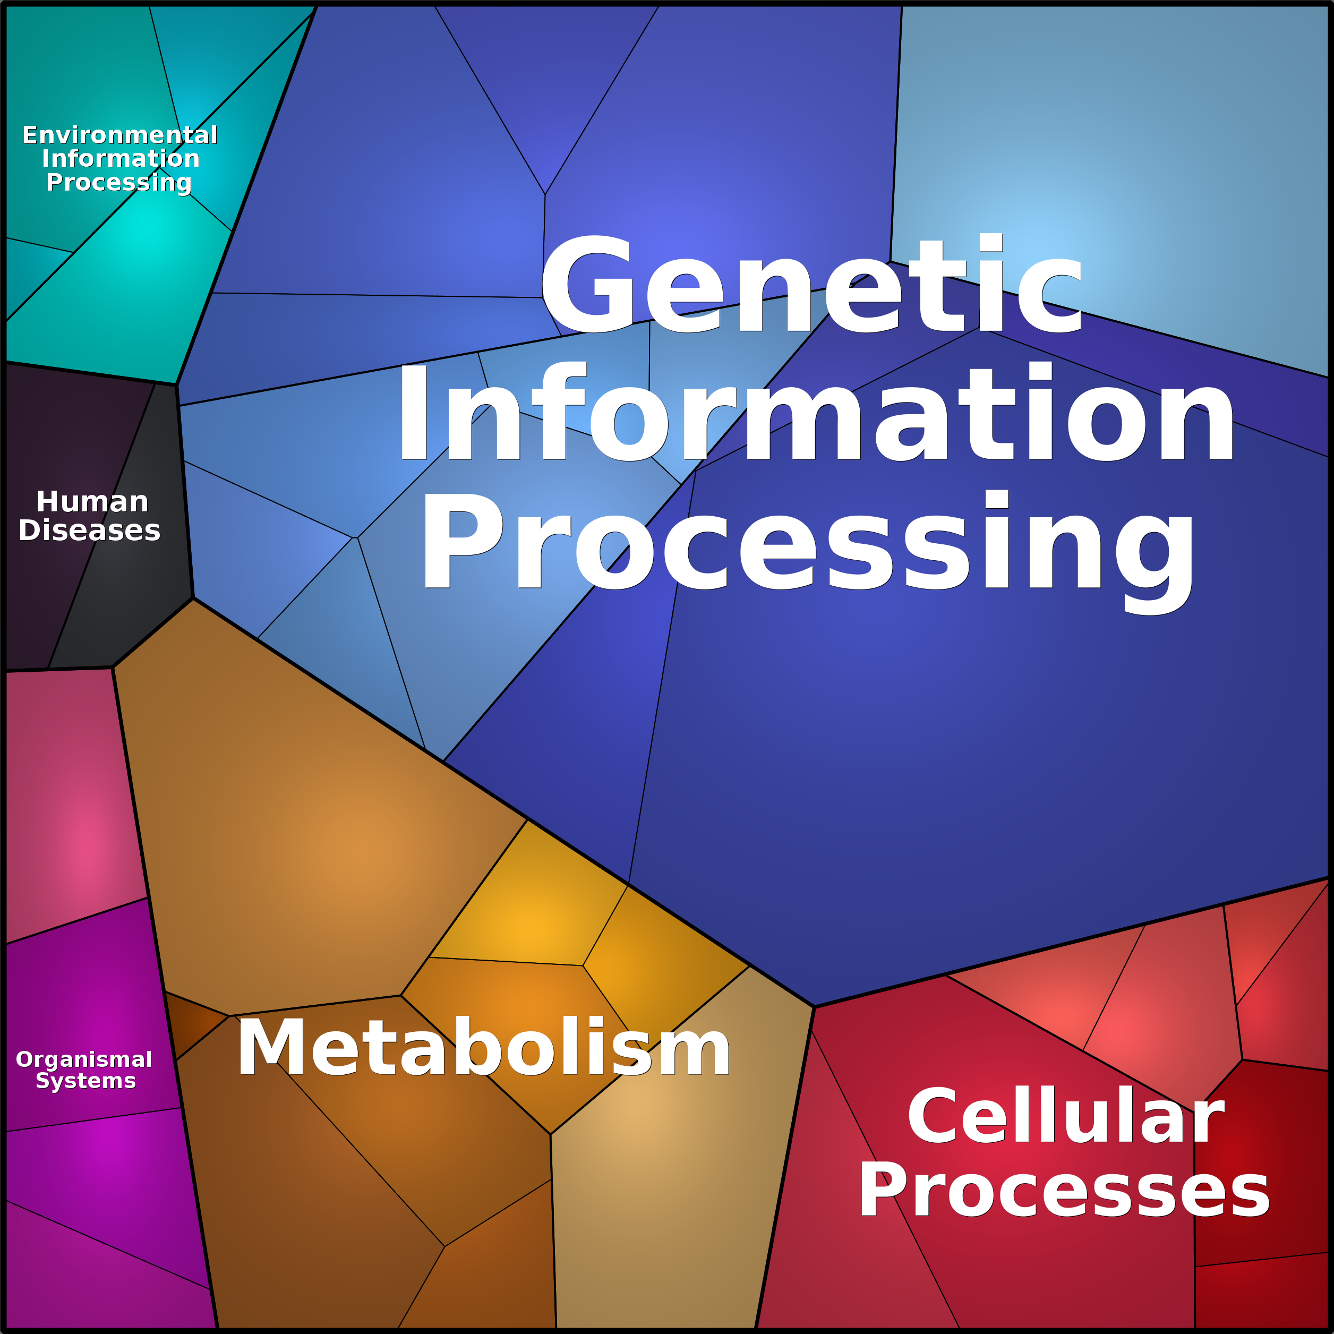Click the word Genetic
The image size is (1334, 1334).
point(812,284)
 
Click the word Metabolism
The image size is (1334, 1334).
point(483,1047)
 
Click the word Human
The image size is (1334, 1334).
point(92,501)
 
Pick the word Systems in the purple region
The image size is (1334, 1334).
point(85,1081)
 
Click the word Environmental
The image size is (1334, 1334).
point(119,135)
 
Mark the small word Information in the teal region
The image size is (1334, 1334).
point(121,158)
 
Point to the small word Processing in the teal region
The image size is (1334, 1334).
point(119,182)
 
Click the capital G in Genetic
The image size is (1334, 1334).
point(586,284)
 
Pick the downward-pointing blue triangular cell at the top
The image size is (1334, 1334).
point(546,83)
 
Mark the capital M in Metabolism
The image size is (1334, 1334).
point(271,1047)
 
